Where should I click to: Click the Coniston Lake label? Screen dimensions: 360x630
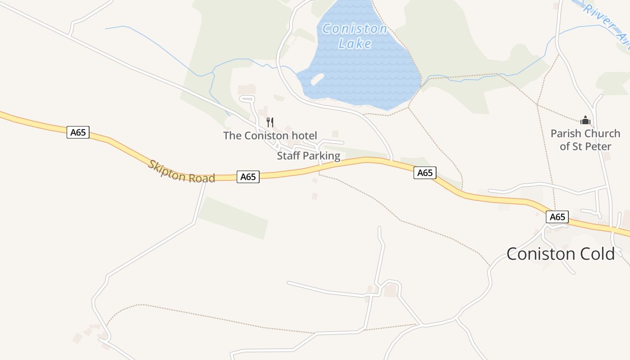coord(355,36)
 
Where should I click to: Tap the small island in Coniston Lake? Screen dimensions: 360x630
coord(318,79)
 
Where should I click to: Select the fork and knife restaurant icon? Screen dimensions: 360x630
coord(270,122)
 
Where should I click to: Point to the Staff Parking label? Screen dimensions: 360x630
coord(308,156)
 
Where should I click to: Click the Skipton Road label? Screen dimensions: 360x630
coord(181,171)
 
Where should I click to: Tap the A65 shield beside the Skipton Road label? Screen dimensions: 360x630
coord(248,177)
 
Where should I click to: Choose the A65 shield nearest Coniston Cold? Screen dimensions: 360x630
coord(557,217)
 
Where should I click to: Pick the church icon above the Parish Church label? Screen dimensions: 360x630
coord(585,120)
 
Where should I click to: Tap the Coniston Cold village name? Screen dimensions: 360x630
coord(560,254)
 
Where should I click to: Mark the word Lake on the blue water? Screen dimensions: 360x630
coord(355,44)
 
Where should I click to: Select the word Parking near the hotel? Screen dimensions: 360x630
coord(321,156)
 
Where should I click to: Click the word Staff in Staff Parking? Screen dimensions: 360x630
coord(288,156)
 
